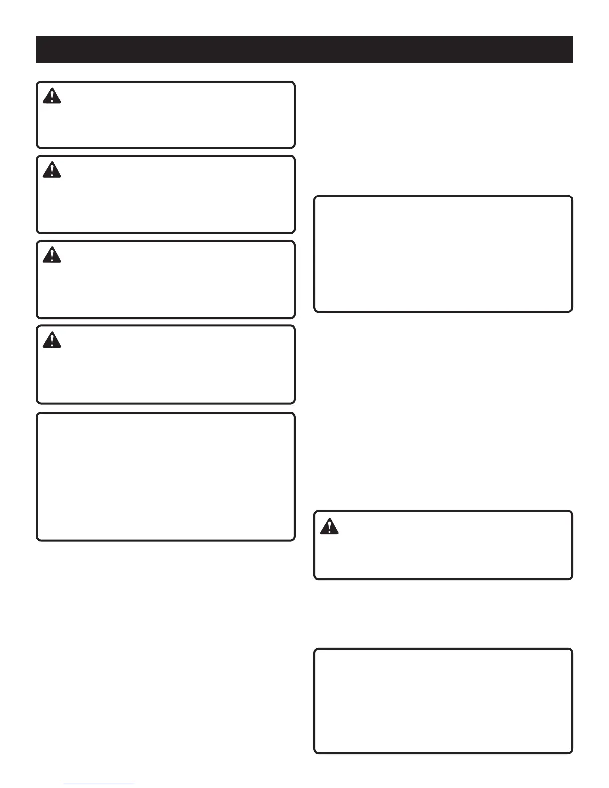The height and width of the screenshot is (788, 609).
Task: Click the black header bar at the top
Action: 304,49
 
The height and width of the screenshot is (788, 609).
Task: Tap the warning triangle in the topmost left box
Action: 52,96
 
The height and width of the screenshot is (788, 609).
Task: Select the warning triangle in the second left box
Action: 52,170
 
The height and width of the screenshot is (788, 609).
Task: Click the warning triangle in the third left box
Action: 52,255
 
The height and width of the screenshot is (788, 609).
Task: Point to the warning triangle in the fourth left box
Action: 52,340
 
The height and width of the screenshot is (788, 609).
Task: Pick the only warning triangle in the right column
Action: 329,526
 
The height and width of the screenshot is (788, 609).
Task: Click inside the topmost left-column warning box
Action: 166,115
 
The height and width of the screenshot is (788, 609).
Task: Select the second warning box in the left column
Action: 166,195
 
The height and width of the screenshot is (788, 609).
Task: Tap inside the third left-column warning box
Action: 166,280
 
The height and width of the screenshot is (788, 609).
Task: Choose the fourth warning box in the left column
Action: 166,365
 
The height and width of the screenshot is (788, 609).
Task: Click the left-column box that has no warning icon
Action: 166,477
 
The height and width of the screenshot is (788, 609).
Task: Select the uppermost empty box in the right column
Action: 443,254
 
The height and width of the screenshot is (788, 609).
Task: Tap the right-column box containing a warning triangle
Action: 443,545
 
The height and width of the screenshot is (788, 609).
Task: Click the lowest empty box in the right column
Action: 443,701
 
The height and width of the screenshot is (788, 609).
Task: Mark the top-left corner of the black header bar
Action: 36,36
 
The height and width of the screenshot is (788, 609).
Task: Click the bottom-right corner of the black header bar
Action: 573,62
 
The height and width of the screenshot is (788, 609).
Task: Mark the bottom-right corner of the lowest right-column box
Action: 572,753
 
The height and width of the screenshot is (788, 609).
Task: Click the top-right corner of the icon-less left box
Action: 294,414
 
